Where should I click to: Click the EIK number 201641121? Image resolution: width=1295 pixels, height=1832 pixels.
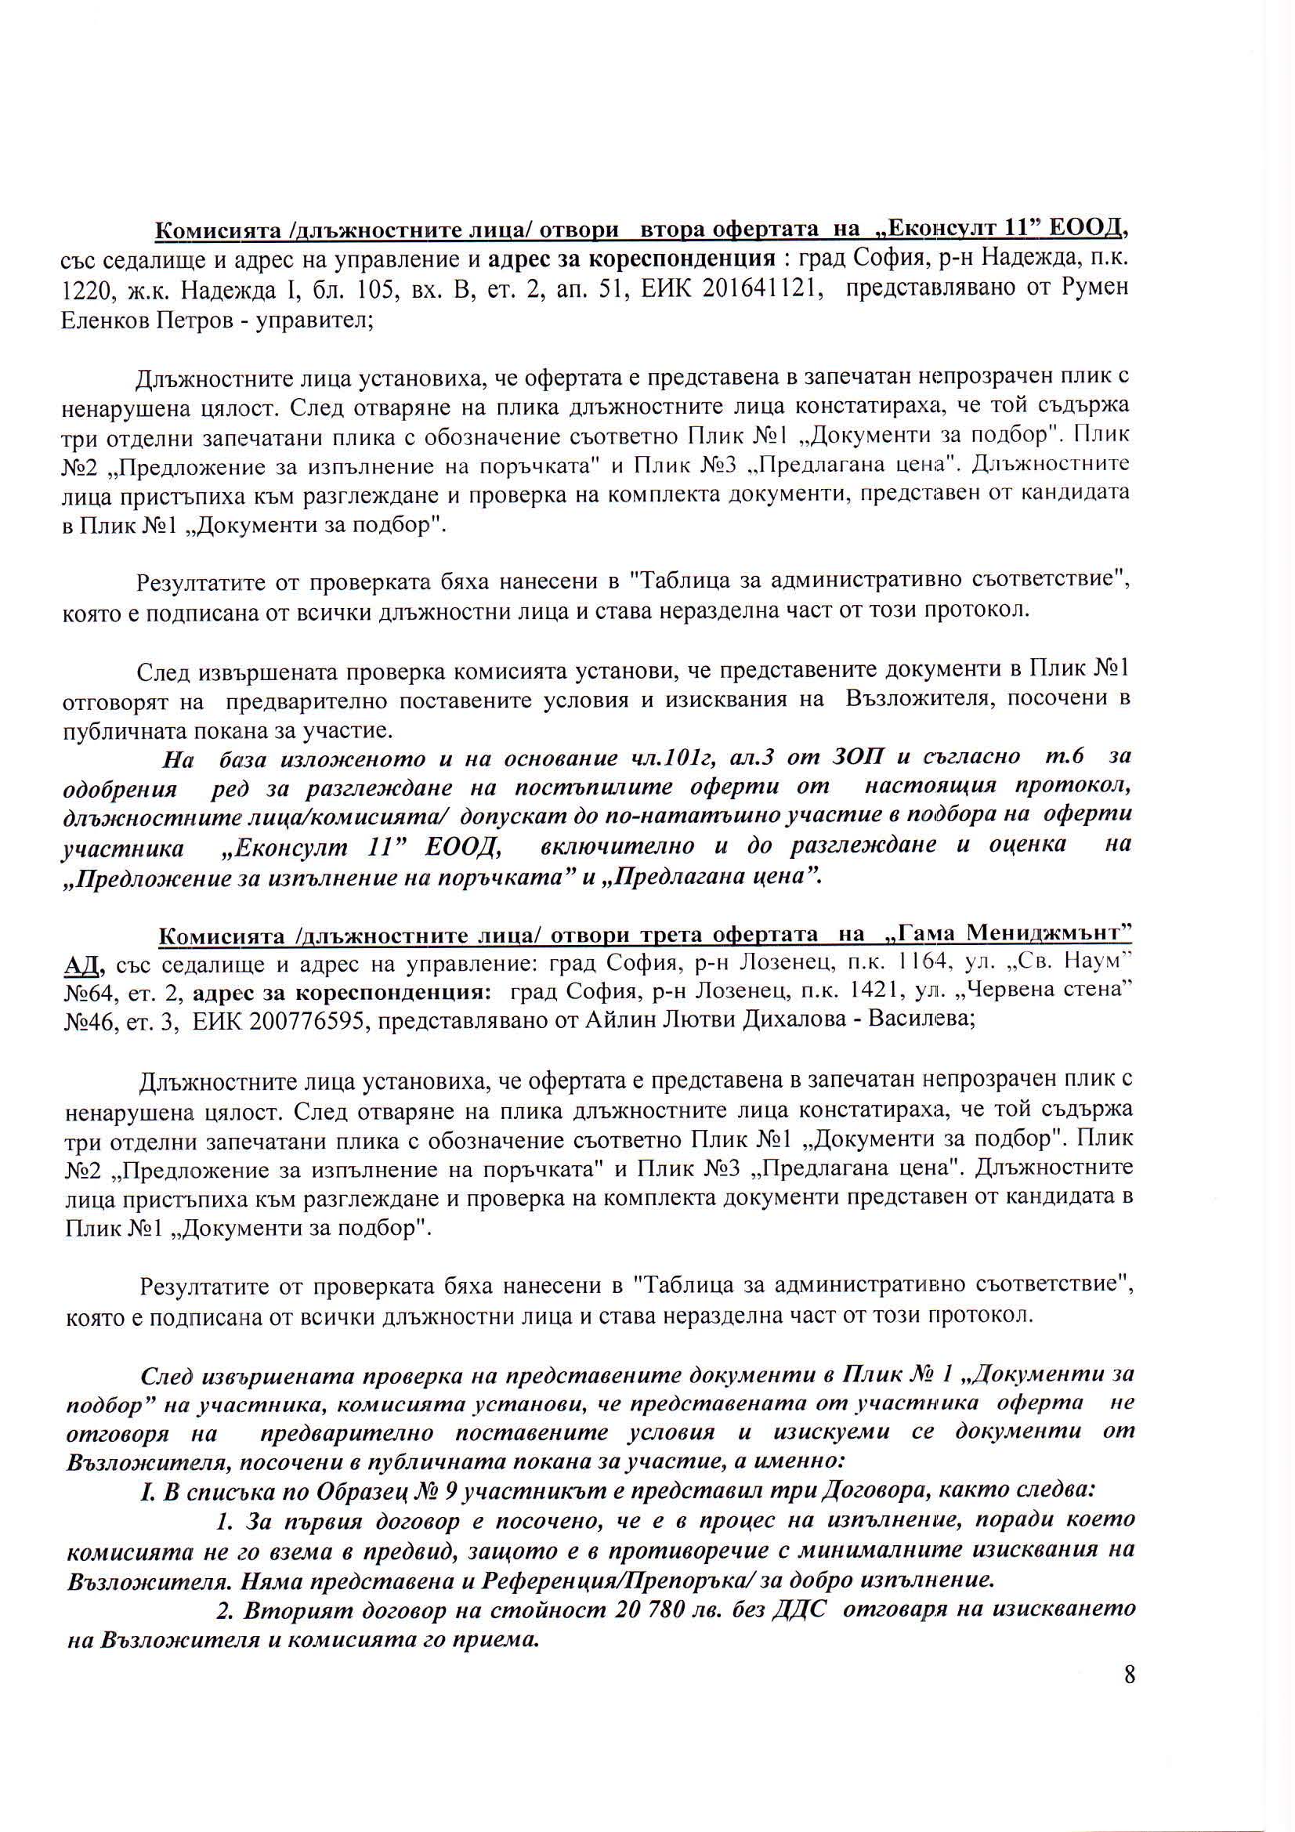(x=763, y=288)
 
